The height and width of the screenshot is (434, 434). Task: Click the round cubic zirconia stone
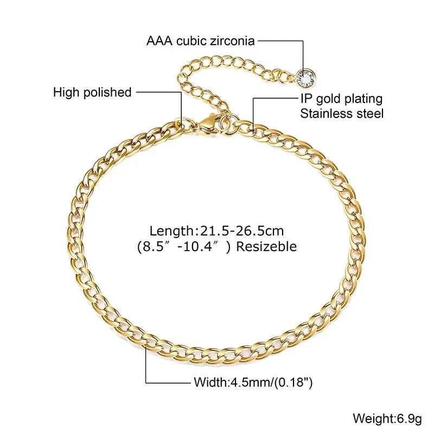click(x=306, y=78)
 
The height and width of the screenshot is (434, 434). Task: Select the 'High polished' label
click(x=92, y=92)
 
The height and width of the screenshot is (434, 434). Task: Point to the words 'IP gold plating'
click(x=342, y=99)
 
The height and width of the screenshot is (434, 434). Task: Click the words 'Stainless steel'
click(x=342, y=113)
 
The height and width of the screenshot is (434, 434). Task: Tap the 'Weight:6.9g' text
click(x=387, y=418)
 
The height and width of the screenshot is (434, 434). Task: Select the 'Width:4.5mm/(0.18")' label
click(x=253, y=382)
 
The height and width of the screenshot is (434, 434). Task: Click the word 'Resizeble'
click(x=266, y=246)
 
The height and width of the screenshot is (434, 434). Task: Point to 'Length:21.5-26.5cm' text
click(x=216, y=231)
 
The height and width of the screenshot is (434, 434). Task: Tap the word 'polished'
click(x=107, y=92)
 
